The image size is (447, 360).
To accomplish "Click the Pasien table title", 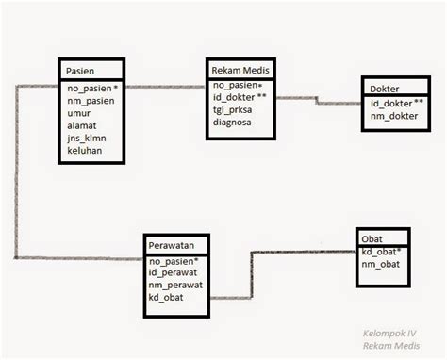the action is (x=81, y=71).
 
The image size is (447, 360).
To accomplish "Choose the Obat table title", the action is (x=372, y=239).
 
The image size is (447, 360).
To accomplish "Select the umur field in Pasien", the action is (x=80, y=110).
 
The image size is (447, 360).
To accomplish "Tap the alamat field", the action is (x=83, y=123).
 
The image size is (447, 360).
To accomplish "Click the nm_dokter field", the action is (x=392, y=117).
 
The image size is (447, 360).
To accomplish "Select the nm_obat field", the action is (x=381, y=265).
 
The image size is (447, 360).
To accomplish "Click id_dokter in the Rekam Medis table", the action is (x=240, y=95).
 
